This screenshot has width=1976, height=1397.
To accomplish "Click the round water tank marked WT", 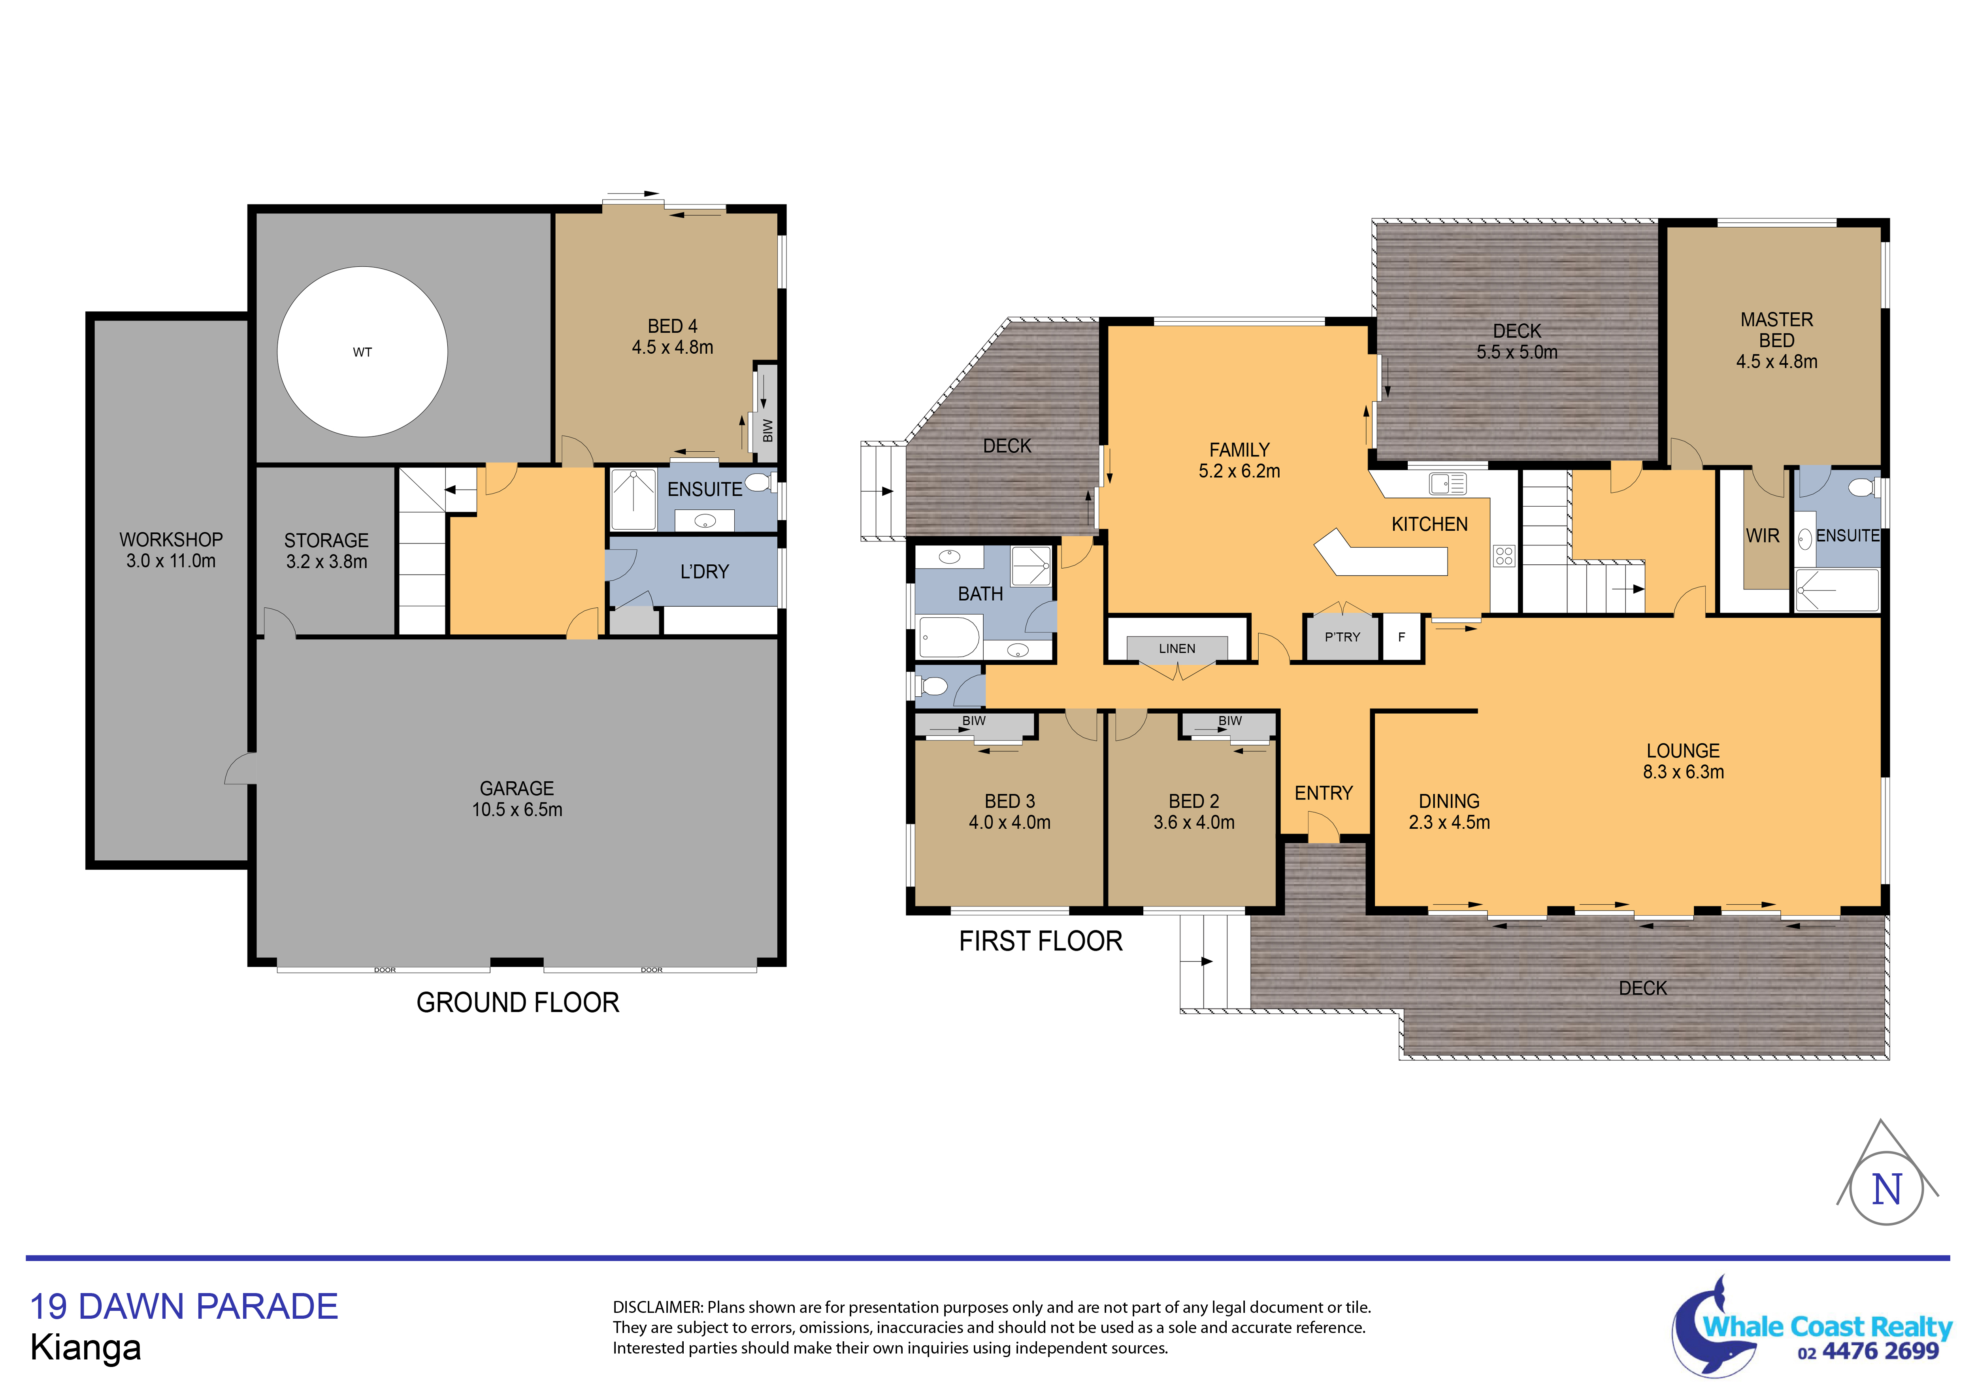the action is pyautogui.click(x=362, y=352).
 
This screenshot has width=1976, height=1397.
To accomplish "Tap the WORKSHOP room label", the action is pyautogui.click(x=171, y=540).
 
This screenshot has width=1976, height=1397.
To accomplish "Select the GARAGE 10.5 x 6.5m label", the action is pyautogui.click(x=517, y=799).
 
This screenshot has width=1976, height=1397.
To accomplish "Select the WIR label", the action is pyautogui.click(x=1763, y=535).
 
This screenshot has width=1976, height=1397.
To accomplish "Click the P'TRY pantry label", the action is pyautogui.click(x=1342, y=637).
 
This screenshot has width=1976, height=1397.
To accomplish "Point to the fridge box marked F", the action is pyautogui.click(x=1402, y=637).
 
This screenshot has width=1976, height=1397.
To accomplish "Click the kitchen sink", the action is pyautogui.click(x=1448, y=484).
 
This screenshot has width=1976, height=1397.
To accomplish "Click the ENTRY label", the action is pyautogui.click(x=1324, y=793).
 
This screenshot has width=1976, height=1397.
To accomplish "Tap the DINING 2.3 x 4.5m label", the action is pyautogui.click(x=1449, y=812).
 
